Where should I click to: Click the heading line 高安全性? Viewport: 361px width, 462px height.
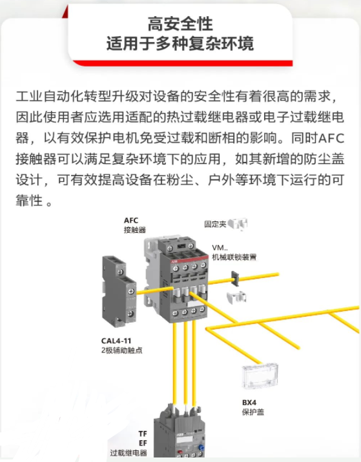coord(180,24)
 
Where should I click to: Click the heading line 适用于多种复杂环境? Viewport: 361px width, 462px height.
coord(180,43)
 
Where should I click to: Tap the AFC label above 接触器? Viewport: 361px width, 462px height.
coord(131,220)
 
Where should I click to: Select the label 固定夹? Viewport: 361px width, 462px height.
coord(215,224)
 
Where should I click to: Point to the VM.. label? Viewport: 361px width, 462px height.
coord(220,248)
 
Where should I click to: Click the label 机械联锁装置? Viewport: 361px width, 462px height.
coord(234,257)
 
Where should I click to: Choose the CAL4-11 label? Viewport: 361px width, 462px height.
coord(116,341)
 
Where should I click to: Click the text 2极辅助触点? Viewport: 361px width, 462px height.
coord(122,350)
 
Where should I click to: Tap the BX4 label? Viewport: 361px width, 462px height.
coord(249,402)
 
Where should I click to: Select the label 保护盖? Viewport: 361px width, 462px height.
coord(253,412)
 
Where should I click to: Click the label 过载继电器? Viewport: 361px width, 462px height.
coord(129,452)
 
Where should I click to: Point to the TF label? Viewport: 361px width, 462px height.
coord(143,434)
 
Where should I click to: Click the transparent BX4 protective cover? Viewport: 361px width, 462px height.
coord(260,376)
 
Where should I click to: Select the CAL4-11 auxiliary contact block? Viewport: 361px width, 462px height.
coord(119,291)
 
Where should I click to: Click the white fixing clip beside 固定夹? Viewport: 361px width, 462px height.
coord(238,224)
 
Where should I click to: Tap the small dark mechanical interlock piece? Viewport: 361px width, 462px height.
coord(235,278)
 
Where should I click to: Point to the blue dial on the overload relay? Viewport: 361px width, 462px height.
coord(201,447)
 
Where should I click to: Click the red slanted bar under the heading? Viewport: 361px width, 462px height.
coord(183,63)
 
